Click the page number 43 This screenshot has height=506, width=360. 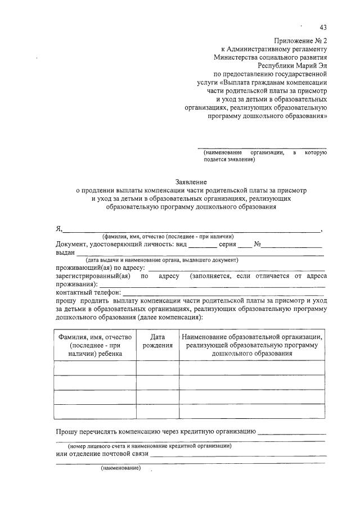click(322, 28)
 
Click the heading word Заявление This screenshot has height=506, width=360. click(191, 182)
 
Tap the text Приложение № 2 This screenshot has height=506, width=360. click(300, 41)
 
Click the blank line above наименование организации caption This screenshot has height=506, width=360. click(265, 147)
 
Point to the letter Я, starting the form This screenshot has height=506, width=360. click(58, 228)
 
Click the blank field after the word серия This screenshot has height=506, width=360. click(245, 245)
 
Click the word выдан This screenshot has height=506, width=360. click(65, 253)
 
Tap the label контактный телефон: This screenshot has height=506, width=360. click(88, 292)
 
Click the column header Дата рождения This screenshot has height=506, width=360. click(157, 341)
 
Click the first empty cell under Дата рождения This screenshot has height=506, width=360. click(157, 368)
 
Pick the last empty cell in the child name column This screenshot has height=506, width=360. click(95, 412)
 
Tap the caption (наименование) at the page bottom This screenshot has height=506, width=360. click(120, 468)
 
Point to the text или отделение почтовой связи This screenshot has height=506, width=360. click(102, 454)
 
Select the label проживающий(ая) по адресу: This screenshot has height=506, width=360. click(100, 268)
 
